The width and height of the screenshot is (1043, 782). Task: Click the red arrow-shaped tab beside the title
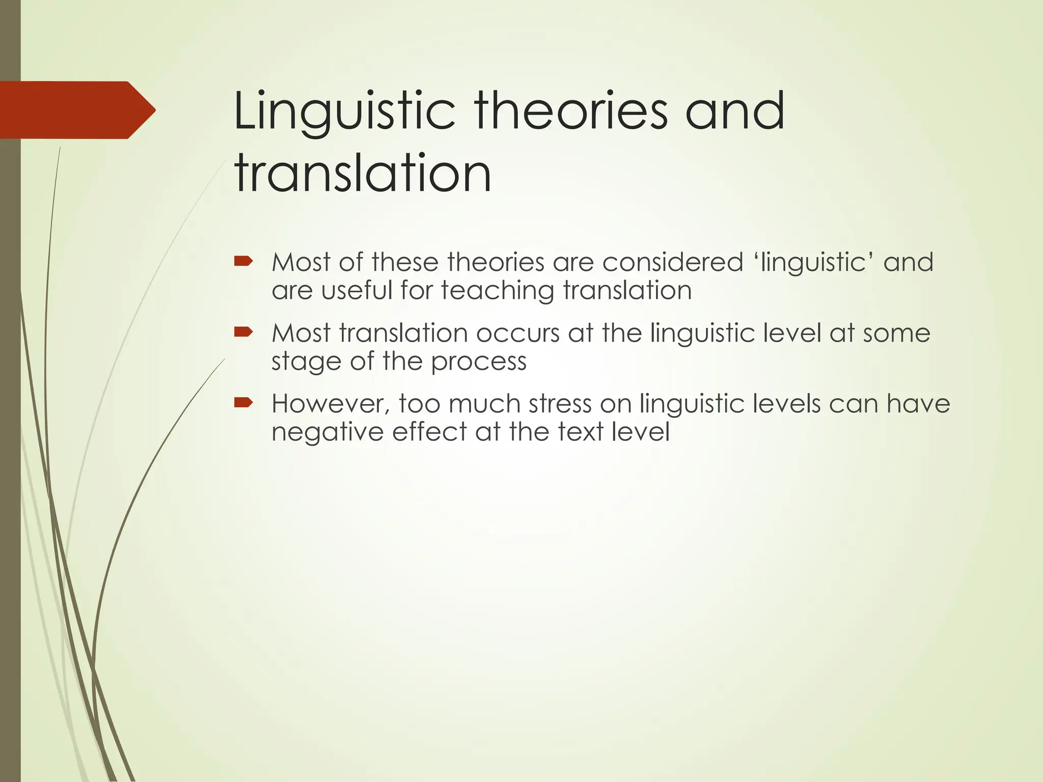pos(76,110)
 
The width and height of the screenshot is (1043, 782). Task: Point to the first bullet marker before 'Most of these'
pos(243,262)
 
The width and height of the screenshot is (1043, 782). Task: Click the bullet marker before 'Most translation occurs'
pos(243,332)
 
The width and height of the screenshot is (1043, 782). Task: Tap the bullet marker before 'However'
pos(243,403)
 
